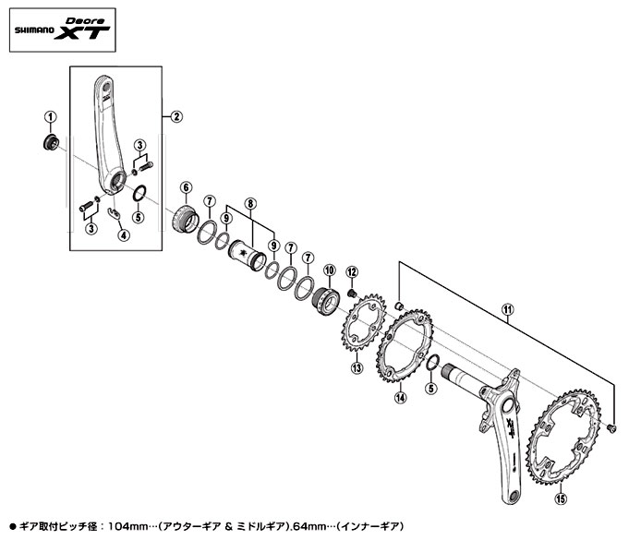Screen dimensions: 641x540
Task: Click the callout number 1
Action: (51, 117)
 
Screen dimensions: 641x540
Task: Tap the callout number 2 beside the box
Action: (176, 117)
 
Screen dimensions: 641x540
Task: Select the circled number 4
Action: (124, 235)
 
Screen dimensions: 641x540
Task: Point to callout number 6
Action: (186, 187)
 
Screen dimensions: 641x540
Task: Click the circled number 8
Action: (250, 204)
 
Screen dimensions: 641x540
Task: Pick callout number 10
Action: (329, 270)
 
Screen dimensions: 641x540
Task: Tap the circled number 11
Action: (507, 309)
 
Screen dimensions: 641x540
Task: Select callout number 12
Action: (352, 272)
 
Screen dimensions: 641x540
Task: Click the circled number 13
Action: (357, 367)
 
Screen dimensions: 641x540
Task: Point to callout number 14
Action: (401, 397)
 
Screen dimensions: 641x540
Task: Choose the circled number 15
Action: (561, 498)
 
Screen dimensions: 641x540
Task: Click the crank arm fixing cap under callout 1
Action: (51, 142)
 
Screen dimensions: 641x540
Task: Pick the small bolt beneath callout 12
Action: (352, 294)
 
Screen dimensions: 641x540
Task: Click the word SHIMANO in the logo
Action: (34, 30)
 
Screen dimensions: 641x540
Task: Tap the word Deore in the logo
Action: (85, 21)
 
